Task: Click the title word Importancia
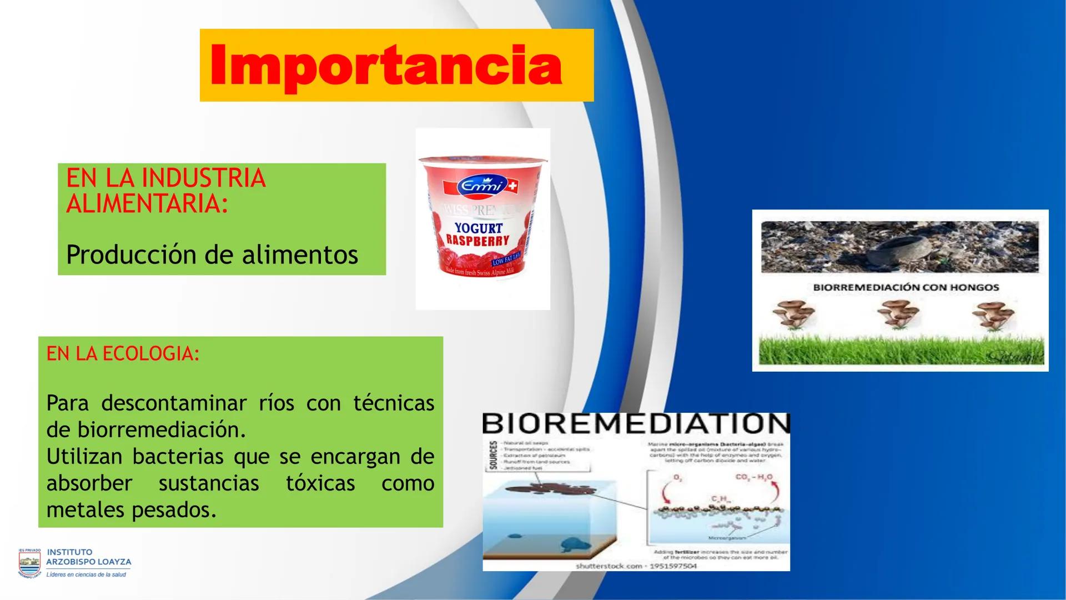[386, 66]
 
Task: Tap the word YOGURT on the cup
[478, 228]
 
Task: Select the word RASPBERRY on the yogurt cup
[477, 241]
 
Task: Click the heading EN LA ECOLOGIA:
[123, 354]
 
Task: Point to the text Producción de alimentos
[212, 255]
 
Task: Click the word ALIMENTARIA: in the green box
[147, 204]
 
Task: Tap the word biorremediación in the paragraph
[161, 429]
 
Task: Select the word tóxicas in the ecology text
[320, 483]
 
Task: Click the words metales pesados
[131, 509]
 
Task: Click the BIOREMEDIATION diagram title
[635, 424]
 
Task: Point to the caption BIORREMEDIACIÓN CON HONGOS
[906, 288]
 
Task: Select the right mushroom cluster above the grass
[993, 314]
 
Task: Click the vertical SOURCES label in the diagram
[492, 456]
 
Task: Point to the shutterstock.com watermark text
[636, 566]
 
